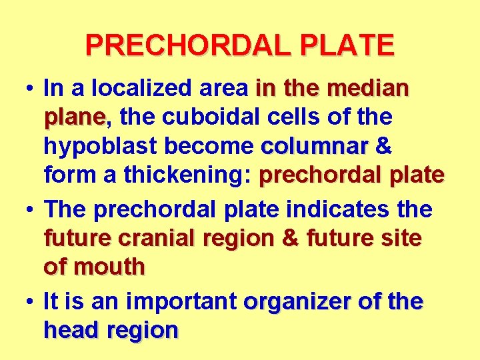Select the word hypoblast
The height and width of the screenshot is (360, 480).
[x=93, y=147]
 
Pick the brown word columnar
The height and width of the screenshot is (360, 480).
[x=315, y=146]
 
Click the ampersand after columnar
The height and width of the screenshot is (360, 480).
[x=383, y=146]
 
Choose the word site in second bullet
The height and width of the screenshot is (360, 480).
[x=403, y=238]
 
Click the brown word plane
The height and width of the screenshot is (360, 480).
[x=74, y=119]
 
